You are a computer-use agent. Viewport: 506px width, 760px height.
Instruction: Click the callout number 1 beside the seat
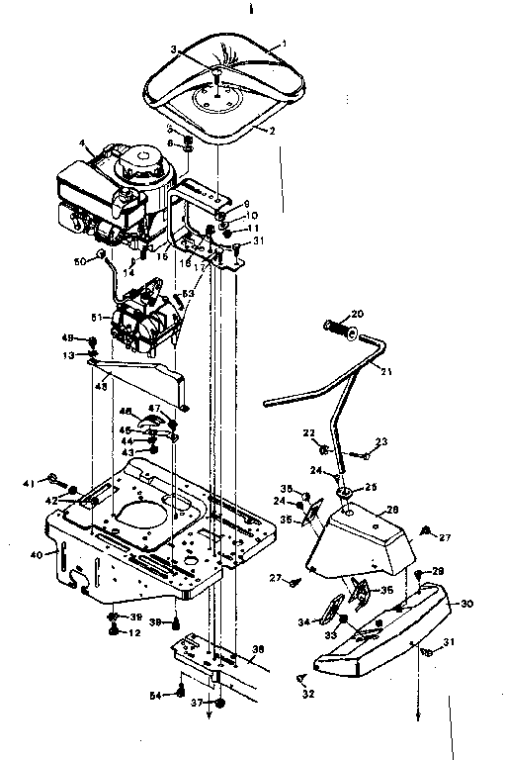click(285, 44)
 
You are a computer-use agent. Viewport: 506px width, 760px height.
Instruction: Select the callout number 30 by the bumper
click(467, 603)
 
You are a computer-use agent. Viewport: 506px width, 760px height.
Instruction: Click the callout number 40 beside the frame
click(37, 555)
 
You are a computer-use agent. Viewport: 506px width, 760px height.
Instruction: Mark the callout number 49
click(69, 336)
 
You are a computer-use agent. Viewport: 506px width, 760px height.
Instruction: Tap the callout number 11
click(254, 227)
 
